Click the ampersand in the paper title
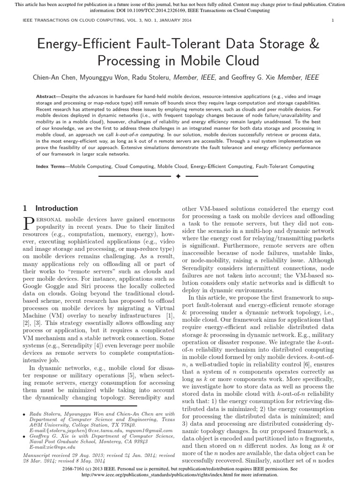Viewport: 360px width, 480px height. (314, 45)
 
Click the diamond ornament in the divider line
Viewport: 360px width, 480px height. (178, 177)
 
